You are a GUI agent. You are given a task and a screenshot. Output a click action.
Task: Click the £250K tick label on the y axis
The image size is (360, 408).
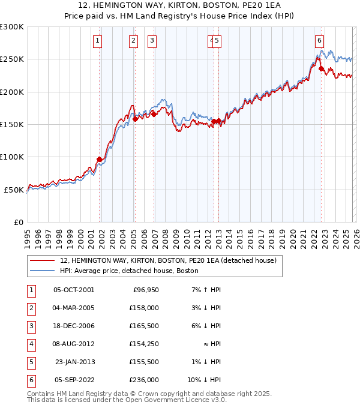click(12, 59)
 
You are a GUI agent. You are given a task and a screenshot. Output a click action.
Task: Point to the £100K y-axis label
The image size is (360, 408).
click(12, 157)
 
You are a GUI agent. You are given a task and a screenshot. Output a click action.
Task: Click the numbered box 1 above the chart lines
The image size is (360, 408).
click(98, 41)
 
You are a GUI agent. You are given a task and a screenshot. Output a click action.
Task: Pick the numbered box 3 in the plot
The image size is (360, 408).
click(152, 41)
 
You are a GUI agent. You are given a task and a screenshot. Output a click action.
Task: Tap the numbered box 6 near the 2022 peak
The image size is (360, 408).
click(319, 41)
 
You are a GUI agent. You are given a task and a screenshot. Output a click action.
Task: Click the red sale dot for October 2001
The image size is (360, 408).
click(99, 159)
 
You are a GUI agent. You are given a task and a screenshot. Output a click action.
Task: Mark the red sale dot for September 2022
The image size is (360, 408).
click(321, 68)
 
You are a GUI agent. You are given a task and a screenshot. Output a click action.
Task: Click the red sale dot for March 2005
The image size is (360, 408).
click(135, 119)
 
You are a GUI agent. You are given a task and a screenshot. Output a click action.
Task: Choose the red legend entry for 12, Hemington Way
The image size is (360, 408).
click(168, 260)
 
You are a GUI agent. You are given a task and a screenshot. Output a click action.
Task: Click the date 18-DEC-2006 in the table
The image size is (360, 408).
click(74, 326)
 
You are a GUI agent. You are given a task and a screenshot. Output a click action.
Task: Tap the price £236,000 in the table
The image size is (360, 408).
click(144, 380)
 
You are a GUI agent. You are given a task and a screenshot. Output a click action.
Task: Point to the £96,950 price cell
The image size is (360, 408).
click(145, 290)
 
